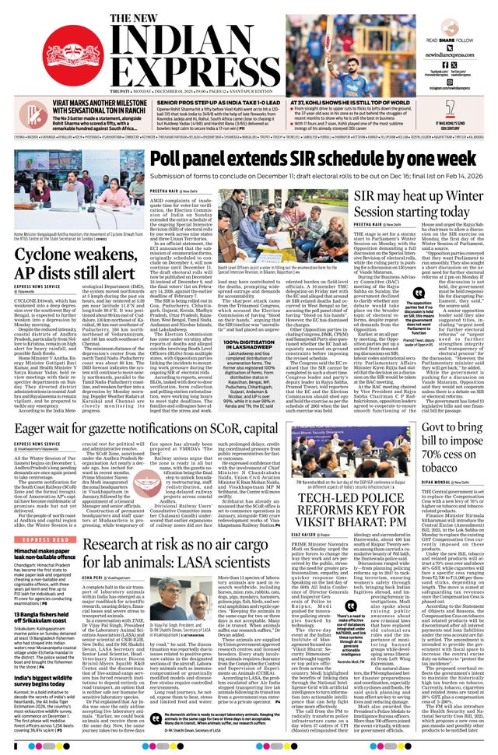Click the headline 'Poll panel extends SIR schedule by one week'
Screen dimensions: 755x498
tap(311, 159)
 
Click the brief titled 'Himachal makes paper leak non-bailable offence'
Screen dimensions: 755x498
tap(53, 532)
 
